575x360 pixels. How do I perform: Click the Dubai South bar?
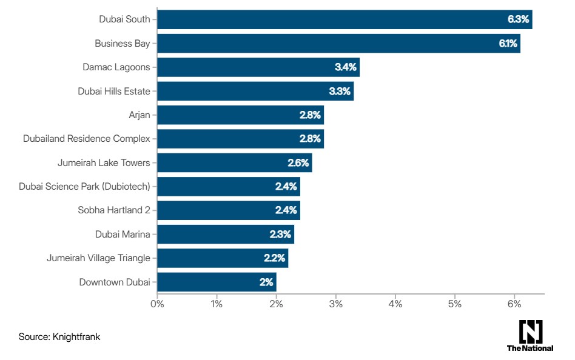point(345,19)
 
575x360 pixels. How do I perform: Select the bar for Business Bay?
point(338,44)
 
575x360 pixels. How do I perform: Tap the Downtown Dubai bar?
point(217,282)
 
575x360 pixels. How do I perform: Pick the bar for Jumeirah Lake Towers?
point(234,162)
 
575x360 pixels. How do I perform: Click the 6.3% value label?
point(518,19)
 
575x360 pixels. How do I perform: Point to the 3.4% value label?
point(346,67)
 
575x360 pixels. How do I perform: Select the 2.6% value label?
point(298,162)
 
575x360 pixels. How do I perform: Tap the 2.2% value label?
point(274,258)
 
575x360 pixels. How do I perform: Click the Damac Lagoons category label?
point(116,67)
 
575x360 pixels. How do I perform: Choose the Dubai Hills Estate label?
point(113,92)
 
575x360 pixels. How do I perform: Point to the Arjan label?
point(139,115)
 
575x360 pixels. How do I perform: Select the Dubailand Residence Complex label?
point(86,139)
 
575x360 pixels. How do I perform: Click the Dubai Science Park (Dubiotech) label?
point(84,187)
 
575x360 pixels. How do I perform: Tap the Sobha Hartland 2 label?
point(113,210)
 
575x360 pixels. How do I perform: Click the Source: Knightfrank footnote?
point(59,337)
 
